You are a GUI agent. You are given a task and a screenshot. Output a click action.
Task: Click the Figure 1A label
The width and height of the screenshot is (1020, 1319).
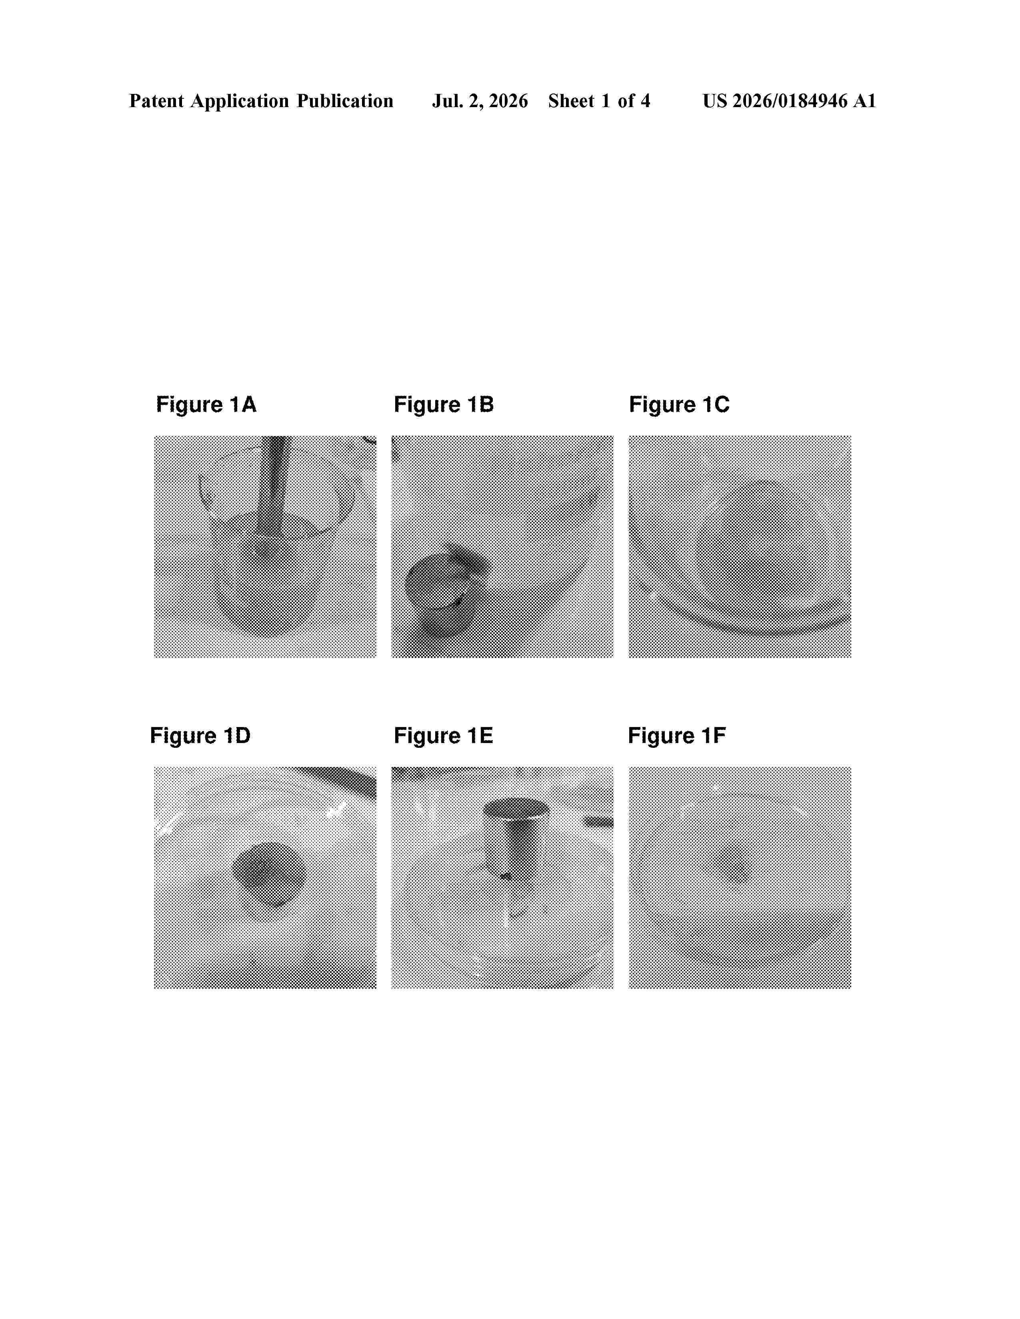click(x=206, y=404)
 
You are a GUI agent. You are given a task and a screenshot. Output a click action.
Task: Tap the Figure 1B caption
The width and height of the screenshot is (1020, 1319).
click(x=444, y=404)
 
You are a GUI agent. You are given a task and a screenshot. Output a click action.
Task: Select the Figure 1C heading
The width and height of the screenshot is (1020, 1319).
click(x=679, y=404)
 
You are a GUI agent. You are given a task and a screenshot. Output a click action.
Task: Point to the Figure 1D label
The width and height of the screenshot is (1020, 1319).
click(x=200, y=735)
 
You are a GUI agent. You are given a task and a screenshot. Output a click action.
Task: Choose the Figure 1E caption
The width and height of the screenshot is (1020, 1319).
click(x=444, y=735)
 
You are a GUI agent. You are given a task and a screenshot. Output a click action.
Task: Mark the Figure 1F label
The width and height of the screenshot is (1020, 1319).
click(x=677, y=735)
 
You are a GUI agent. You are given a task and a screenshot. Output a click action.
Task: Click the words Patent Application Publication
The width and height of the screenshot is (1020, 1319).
click(x=261, y=101)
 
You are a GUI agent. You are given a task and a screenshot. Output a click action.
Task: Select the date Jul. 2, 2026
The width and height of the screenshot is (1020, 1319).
click(x=480, y=101)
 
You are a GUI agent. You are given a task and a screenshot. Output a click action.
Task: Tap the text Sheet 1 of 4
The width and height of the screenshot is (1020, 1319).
click(x=599, y=101)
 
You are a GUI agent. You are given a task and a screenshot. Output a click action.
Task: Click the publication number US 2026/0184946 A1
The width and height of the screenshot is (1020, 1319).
click(x=789, y=101)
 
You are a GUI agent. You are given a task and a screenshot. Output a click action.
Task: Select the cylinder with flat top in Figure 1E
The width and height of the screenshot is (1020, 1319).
click(x=516, y=837)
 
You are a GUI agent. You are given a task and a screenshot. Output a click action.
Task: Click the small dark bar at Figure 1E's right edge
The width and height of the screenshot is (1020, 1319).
click(x=599, y=822)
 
